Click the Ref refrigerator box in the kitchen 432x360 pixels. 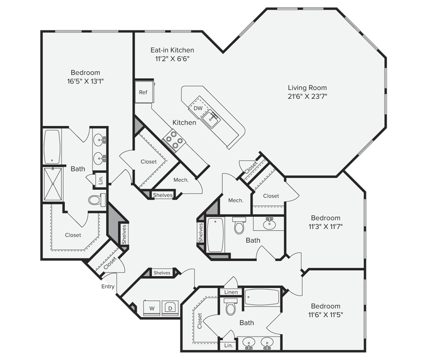point(143,92)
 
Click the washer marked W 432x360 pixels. point(152,308)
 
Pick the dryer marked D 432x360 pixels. point(170,308)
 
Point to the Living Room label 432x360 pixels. point(307,88)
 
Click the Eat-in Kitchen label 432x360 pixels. point(172,50)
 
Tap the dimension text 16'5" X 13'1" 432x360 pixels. point(85,81)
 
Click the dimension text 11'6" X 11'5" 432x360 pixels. point(326,315)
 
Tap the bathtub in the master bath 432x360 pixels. point(52,146)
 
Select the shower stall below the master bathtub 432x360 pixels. point(53,183)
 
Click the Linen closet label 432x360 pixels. point(231,292)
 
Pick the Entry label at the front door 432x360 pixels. point(108,286)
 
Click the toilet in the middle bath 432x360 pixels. point(239,226)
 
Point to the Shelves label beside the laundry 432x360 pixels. point(162,273)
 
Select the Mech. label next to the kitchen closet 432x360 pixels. point(181,180)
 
